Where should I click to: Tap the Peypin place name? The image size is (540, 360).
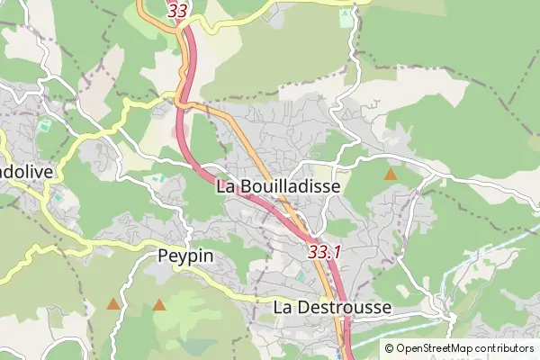tap(185, 256)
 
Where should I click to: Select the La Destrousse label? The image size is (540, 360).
tap(332, 308)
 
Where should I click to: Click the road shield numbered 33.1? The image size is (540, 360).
tap(324, 253)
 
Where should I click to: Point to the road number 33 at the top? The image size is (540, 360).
tap(178, 12)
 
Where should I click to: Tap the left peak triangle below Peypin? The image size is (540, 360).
tap(113, 305)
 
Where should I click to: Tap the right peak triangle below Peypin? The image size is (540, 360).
tap(159, 305)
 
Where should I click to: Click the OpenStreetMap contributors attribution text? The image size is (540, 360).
tap(459, 348)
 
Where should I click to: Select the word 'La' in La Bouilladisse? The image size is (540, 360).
tap(228, 186)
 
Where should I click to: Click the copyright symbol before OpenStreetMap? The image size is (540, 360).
tap(389, 348)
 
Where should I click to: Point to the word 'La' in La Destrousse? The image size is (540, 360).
tap(283, 308)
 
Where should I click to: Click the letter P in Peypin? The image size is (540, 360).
tap(163, 256)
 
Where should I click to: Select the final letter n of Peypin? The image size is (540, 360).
tap(209, 256)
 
